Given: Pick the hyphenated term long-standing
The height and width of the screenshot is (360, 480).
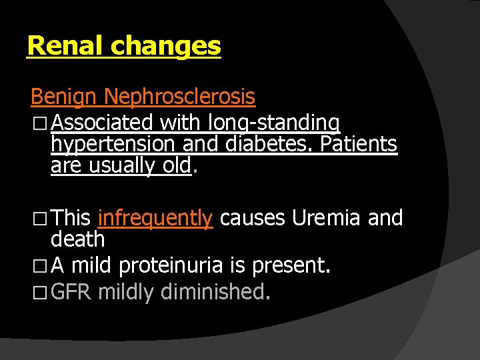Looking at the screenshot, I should coord(274,123).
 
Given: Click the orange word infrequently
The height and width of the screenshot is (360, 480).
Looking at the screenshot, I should coord(155,218).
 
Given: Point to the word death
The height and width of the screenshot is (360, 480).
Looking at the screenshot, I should coord(78,239).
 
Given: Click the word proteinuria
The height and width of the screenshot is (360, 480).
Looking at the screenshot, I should coord(174,267).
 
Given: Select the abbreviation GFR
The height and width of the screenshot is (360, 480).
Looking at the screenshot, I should coord(71,291).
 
